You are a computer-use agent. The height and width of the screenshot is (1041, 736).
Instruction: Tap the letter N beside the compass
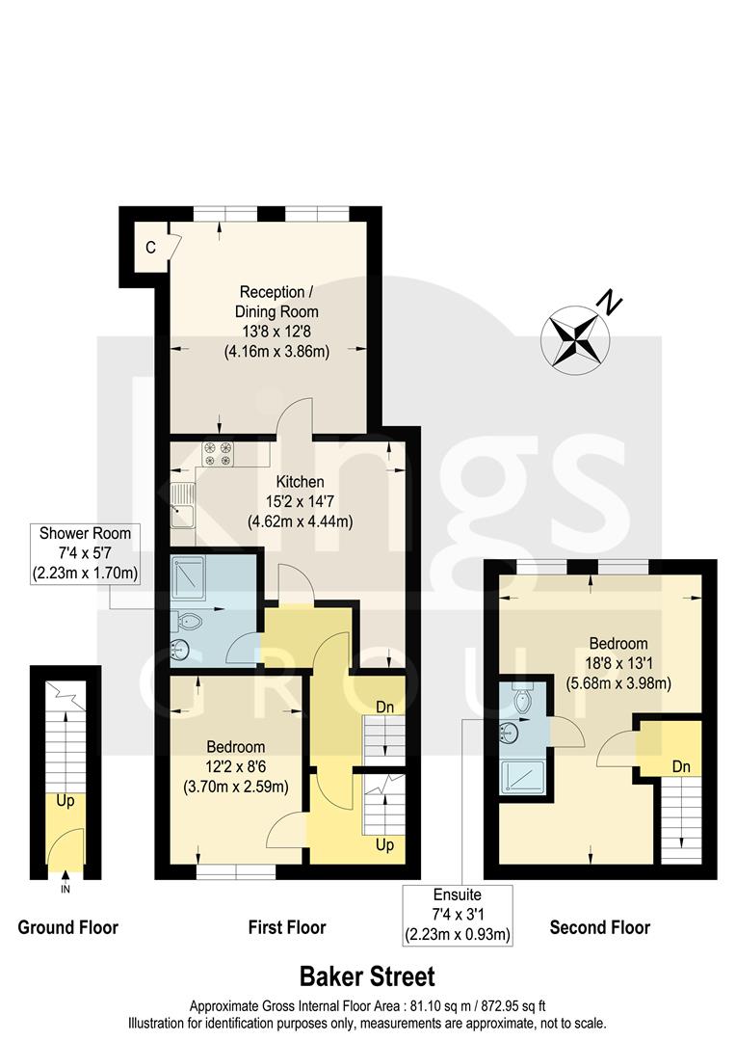coord(608,301)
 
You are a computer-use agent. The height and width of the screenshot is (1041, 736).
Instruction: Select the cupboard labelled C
coord(150,247)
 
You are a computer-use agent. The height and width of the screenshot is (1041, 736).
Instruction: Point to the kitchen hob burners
coord(219,453)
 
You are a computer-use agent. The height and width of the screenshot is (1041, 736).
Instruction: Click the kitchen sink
coord(180,506)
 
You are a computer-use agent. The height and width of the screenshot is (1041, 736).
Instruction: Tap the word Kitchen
coord(300,482)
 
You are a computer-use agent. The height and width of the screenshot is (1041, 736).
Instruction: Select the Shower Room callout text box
coord(85,554)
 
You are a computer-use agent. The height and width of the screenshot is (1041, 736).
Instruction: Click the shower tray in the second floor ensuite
coord(518,774)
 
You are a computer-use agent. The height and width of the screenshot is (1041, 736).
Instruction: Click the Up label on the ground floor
coord(66,801)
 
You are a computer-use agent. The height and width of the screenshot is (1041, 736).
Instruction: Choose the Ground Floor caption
coord(68,928)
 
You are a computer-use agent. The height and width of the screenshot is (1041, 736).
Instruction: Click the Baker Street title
coord(367,976)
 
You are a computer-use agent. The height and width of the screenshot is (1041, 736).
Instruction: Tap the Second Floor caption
coord(599,928)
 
